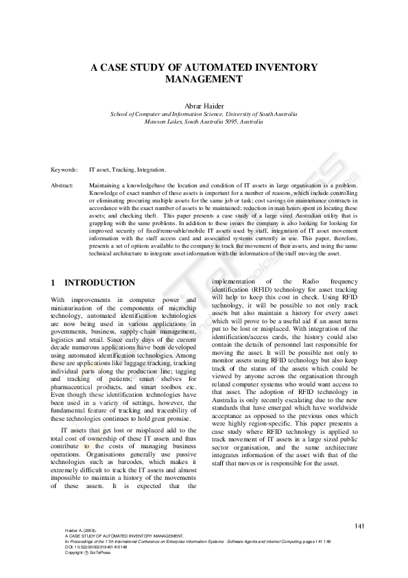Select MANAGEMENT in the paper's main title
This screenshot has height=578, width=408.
tap(204, 79)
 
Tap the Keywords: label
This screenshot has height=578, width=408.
tap(64, 168)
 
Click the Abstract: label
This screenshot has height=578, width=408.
tap(62, 185)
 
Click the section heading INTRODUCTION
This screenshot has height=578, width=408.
tap(99, 283)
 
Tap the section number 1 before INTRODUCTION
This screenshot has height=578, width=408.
tap(53, 283)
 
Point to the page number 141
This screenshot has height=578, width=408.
tap(360, 526)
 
